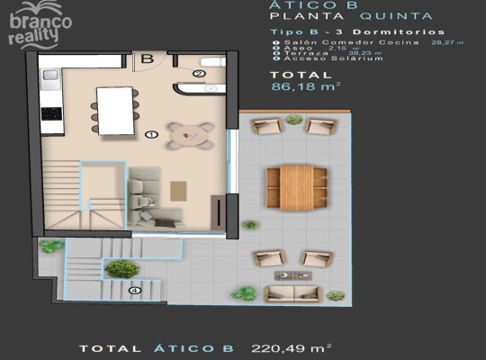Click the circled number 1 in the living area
tap(150, 134)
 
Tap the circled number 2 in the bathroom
tap(198, 74)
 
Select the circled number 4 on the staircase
tap(134, 290)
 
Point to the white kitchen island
tap(115, 110)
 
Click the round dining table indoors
tap(190, 136)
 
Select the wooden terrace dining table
tap(296, 186)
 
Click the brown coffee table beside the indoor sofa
tap(178, 192)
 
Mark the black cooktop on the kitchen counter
tap(51, 114)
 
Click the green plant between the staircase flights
tap(121, 268)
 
